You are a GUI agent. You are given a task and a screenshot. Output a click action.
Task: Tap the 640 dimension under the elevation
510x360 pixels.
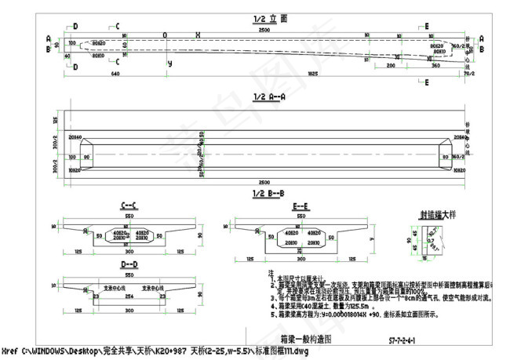[x=115, y=74]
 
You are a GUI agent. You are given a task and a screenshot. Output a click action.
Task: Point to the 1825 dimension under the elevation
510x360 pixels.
[x=312, y=74]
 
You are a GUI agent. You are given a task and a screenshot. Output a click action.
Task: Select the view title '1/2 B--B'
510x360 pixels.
[x=269, y=192]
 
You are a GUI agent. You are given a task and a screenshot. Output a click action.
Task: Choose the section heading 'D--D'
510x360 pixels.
[x=129, y=265]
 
